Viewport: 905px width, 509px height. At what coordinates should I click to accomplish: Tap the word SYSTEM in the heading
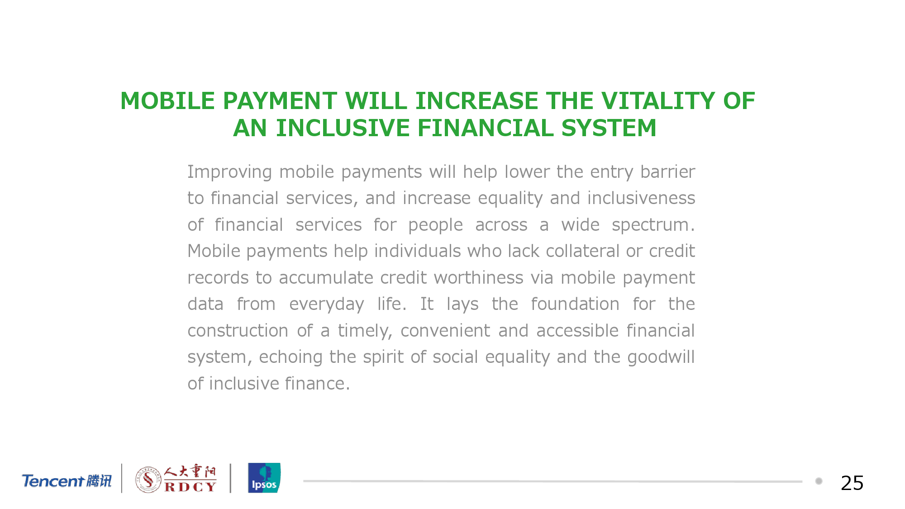[609, 128]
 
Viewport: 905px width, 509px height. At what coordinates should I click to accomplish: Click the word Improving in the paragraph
[229, 172]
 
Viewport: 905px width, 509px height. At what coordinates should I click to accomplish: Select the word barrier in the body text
[667, 172]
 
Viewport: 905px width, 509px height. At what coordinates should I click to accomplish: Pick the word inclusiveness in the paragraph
[641, 198]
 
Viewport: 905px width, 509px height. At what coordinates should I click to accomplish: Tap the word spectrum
[653, 225]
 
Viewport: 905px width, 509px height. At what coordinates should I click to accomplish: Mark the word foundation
[575, 304]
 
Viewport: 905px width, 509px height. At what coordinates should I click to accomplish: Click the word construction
[238, 331]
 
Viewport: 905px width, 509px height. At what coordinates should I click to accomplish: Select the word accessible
[577, 331]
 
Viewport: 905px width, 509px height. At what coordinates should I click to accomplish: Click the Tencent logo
[67, 480]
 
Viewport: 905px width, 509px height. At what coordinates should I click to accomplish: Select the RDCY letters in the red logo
[190, 487]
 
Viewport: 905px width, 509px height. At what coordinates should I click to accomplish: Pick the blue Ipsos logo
[264, 478]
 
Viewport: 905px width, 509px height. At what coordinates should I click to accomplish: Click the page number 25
[852, 483]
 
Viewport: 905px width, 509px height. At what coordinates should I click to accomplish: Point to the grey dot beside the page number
[819, 481]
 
